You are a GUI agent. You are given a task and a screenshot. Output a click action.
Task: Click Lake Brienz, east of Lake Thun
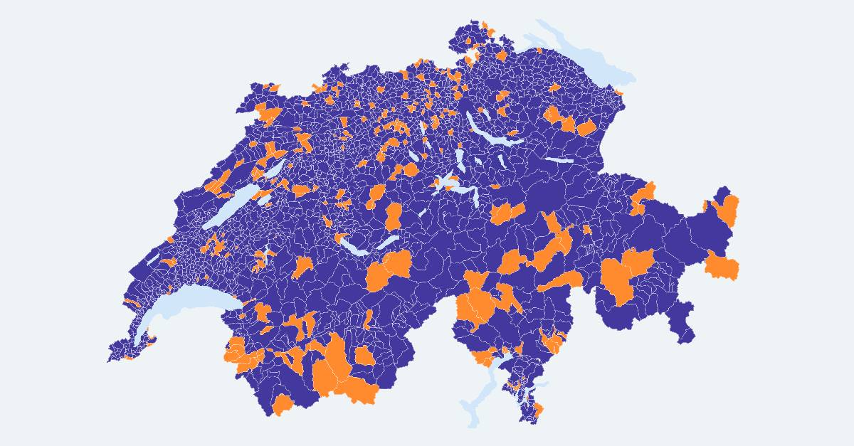tap(388, 243)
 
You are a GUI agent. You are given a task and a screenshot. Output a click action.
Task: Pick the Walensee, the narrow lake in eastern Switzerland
tap(559, 160)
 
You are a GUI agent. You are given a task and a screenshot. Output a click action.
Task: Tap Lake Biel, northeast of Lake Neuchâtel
tap(274, 171)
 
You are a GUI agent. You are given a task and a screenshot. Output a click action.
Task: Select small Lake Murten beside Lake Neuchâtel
tap(264, 200)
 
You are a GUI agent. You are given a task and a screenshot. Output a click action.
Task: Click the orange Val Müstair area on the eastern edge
tap(722, 267)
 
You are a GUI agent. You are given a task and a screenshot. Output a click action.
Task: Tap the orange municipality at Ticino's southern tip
tap(538, 410)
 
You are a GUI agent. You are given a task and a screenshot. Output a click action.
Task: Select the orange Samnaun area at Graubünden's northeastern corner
tap(728, 210)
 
